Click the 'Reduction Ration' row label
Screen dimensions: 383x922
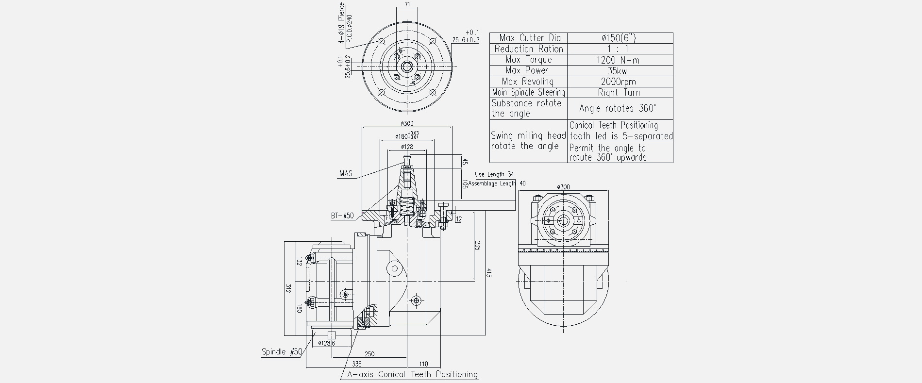[529, 49]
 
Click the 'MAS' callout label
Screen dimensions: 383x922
[346, 173]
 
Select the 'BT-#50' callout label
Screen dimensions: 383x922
[343, 216]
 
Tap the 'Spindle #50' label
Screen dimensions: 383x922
[282, 352]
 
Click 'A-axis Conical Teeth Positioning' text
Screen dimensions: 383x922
[413, 374]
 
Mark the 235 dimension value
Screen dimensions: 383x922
[477, 246]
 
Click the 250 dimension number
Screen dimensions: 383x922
[369, 354]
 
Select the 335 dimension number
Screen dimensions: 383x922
[357, 364]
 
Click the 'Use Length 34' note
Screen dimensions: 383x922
[494, 174]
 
